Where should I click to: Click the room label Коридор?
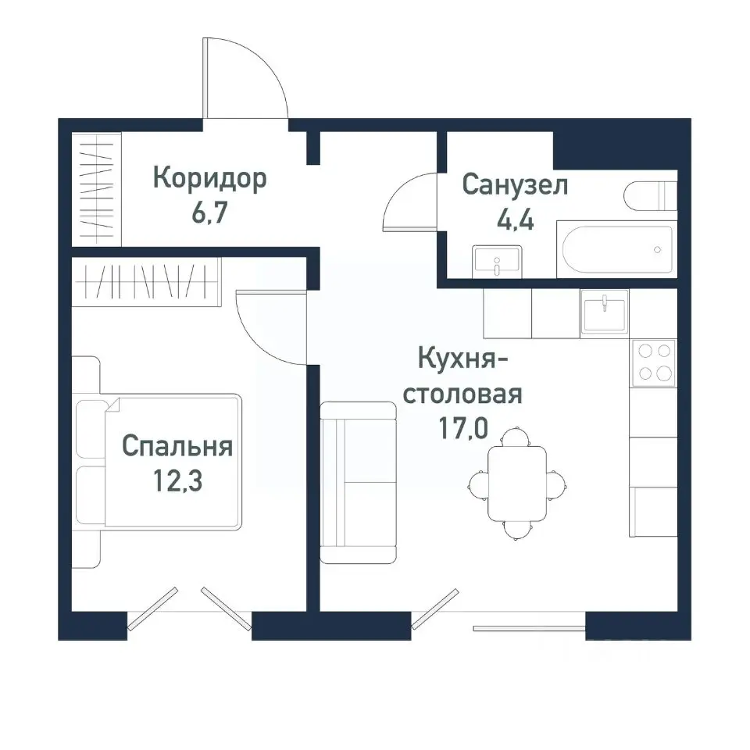(209, 179)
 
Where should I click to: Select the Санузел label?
(515, 185)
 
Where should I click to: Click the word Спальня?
(177, 447)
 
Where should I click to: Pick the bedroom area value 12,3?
(177, 480)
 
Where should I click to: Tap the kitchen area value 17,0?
(461, 428)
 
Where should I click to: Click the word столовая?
(461, 394)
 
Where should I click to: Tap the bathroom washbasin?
(497, 260)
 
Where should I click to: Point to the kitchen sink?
(604, 312)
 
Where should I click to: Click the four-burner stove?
(653, 362)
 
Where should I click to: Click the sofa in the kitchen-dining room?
(358, 482)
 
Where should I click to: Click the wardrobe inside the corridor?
(97, 190)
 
